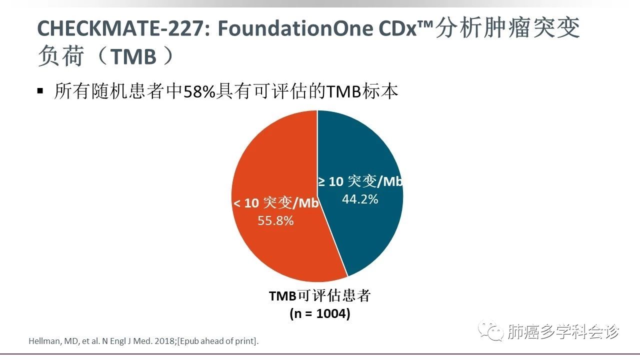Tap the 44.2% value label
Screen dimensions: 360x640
coord(360,199)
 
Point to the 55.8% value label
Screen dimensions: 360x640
coord(275,220)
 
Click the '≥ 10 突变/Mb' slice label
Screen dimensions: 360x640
coord(360,181)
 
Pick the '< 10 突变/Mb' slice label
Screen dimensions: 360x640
coord(276,203)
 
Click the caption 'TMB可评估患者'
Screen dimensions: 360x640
coord(319,295)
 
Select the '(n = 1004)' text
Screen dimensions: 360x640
coord(320,314)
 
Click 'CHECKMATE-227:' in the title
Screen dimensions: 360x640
coord(122,29)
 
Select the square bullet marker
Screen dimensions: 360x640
coord(40,91)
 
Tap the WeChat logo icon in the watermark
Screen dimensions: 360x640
coord(489,331)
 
